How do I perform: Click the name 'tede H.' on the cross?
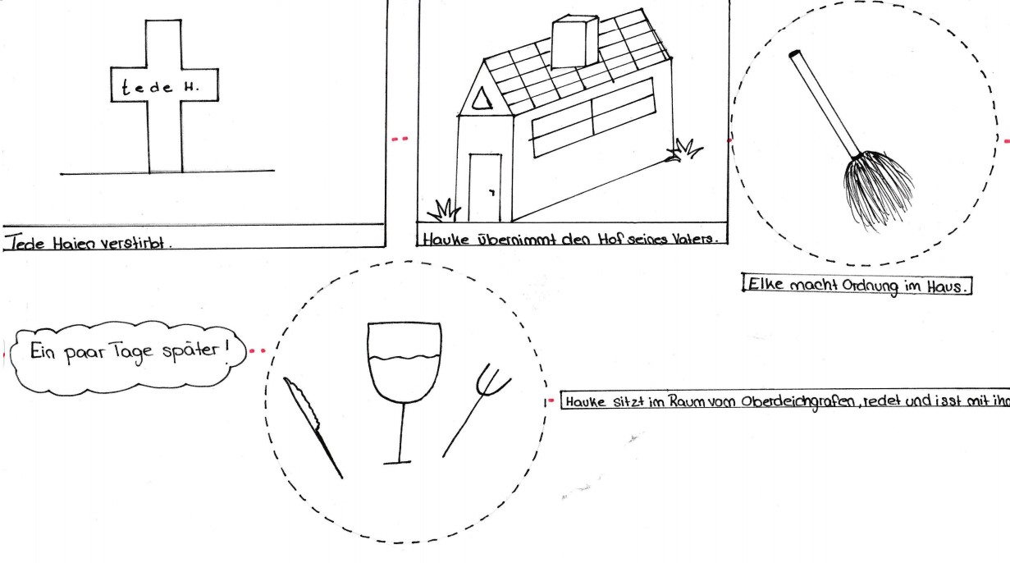click(x=160, y=87)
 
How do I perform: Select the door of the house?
click(x=485, y=188)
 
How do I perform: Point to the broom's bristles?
click(x=877, y=190)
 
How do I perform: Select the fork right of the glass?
click(x=477, y=410)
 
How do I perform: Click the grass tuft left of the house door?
click(x=444, y=210)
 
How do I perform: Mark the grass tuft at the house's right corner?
click(x=683, y=150)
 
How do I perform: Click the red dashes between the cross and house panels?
click(x=400, y=139)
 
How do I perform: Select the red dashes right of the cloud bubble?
click(x=258, y=350)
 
